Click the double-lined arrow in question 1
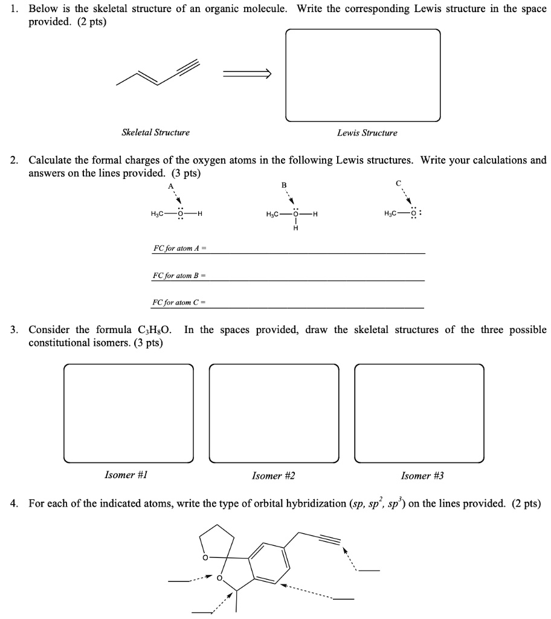247,74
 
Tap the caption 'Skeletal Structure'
155,132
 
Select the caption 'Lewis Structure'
367,132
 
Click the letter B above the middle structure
285,184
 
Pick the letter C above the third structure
398,183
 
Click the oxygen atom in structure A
179,213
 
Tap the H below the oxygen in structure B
295,228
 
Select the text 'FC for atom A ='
181,248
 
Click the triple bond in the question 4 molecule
332,540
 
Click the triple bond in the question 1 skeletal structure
188,66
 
